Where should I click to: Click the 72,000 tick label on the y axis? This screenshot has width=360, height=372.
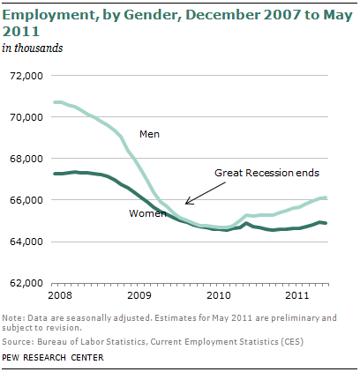click(x=26, y=76)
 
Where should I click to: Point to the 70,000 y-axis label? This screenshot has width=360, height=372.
click(x=26, y=117)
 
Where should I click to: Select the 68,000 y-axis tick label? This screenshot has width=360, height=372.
click(x=26, y=159)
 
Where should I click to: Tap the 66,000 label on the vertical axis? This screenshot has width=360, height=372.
click(x=26, y=200)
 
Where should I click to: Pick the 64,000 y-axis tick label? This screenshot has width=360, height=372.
click(x=26, y=242)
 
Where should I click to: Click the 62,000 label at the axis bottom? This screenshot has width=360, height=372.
click(x=26, y=283)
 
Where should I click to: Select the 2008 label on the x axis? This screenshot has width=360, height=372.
click(x=60, y=295)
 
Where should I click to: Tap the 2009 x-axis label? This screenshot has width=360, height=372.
click(x=139, y=295)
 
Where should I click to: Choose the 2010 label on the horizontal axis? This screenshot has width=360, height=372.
click(x=219, y=295)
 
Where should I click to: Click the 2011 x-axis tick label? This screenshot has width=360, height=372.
click(x=297, y=295)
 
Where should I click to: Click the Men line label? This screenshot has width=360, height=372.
click(x=149, y=134)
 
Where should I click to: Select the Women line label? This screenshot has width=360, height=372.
click(x=147, y=213)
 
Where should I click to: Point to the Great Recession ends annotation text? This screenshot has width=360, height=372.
click(x=266, y=173)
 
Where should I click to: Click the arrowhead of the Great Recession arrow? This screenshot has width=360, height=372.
click(x=186, y=204)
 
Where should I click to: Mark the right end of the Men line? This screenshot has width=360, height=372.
click(x=326, y=197)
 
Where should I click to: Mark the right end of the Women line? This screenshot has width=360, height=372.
click(x=326, y=223)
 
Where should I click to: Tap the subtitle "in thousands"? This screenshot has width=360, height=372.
click(x=33, y=48)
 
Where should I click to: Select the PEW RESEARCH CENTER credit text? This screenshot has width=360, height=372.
click(x=53, y=358)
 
